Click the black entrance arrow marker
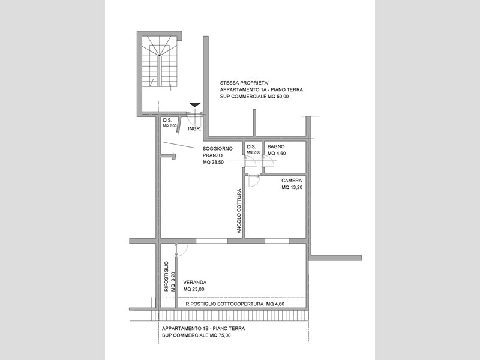tap(195, 105)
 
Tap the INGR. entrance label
tap(194, 129)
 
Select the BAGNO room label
tap(276, 146)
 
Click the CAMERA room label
tap(292, 181)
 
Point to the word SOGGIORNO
tap(218, 149)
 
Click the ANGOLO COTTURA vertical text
tap(239, 211)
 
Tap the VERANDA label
tap(194, 283)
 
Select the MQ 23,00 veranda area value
tap(194, 289)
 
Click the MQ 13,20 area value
tap(292, 187)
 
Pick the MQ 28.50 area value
tap(213, 162)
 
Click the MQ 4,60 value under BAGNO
tap(277, 154)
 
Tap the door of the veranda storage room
tap(181, 250)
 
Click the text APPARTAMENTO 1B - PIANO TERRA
tap(203, 328)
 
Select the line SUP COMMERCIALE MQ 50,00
tap(254, 97)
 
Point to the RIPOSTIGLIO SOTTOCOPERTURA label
tap(224, 304)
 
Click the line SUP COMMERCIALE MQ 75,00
tap(197, 335)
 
